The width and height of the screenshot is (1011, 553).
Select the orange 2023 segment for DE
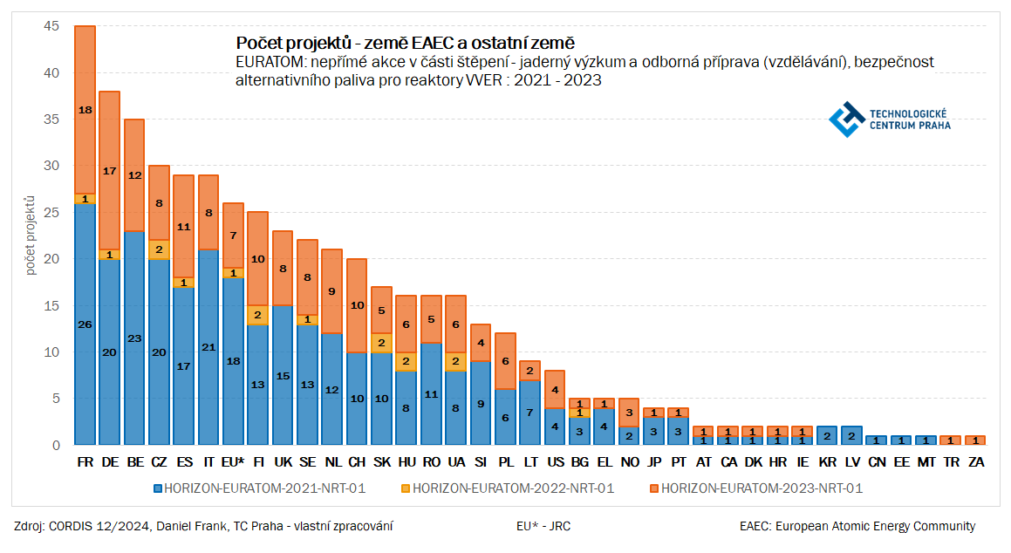(109, 170)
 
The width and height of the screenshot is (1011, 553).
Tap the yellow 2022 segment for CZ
(159, 249)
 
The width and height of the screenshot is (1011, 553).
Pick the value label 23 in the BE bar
(133, 338)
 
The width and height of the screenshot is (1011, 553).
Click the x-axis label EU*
(233, 461)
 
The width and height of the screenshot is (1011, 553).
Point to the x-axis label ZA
(976, 461)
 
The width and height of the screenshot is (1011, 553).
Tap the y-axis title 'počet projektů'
(31, 236)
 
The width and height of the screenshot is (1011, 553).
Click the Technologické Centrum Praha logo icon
(845, 119)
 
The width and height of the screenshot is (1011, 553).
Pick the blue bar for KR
(828, 435)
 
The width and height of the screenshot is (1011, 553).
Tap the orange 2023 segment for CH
(357, 305)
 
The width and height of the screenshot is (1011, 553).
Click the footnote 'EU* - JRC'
(543, 526)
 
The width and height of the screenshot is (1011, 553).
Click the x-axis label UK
(283, 461)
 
